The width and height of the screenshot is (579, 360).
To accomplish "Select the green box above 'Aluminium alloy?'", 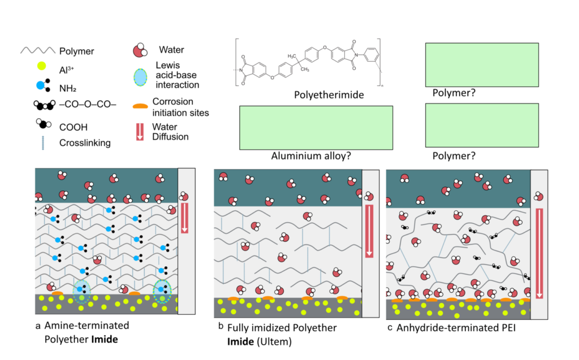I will pyautogui.click(x=316, y=127).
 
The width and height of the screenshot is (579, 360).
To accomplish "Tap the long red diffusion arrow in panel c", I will pyautogui.click(x=539, y=252).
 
